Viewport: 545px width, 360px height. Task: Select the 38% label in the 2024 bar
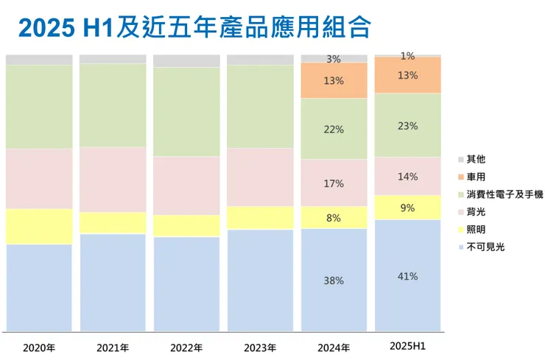[334, 280]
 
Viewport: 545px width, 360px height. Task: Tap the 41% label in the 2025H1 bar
[408, 277]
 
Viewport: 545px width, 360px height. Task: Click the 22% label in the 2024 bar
[334, 130]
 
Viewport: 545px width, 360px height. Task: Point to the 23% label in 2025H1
[408, 126]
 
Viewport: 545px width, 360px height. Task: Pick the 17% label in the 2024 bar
[334, 183]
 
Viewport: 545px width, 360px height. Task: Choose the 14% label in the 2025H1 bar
[408, 177]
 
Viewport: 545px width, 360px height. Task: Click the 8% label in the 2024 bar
[334, 218]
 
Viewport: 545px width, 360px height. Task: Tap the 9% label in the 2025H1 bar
[408, 208]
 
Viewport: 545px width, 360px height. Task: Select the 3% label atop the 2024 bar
[334, 59]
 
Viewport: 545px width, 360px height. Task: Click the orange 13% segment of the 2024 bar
[334, 80]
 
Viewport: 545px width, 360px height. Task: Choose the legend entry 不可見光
[485, 247]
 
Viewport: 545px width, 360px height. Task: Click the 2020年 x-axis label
[39, 347]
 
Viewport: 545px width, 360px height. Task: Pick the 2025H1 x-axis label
[408, 347]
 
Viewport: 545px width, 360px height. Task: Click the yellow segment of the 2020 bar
[39, 226]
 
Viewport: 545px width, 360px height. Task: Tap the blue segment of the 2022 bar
[186, 283]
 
